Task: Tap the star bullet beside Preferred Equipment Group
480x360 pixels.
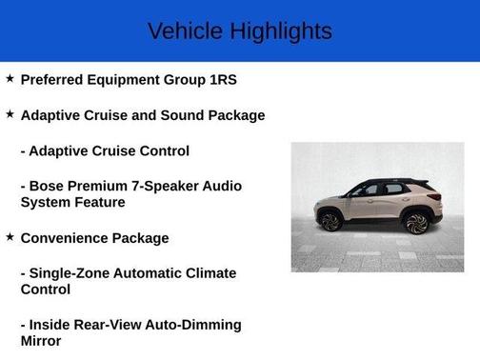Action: (10, 79)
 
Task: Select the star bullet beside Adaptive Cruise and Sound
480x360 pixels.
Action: (10, 114)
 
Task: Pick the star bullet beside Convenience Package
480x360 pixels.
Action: (10, 236)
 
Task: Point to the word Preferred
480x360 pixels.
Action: (54, 81)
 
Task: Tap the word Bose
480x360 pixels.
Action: (51, 186)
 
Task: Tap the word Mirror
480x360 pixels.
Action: (41, 341)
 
